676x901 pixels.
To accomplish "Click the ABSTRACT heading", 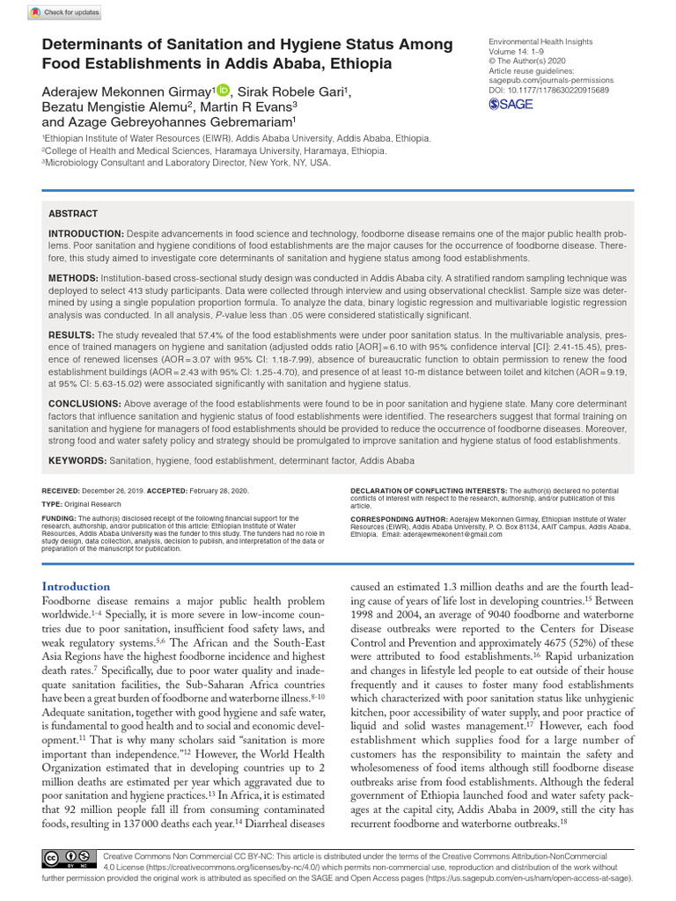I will [x=73, y=214].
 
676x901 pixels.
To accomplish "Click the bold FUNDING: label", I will [x=59, y=519].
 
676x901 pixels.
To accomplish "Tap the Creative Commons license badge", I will [x=69, y=859].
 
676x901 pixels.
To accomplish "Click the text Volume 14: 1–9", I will [x=524, y=52].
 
